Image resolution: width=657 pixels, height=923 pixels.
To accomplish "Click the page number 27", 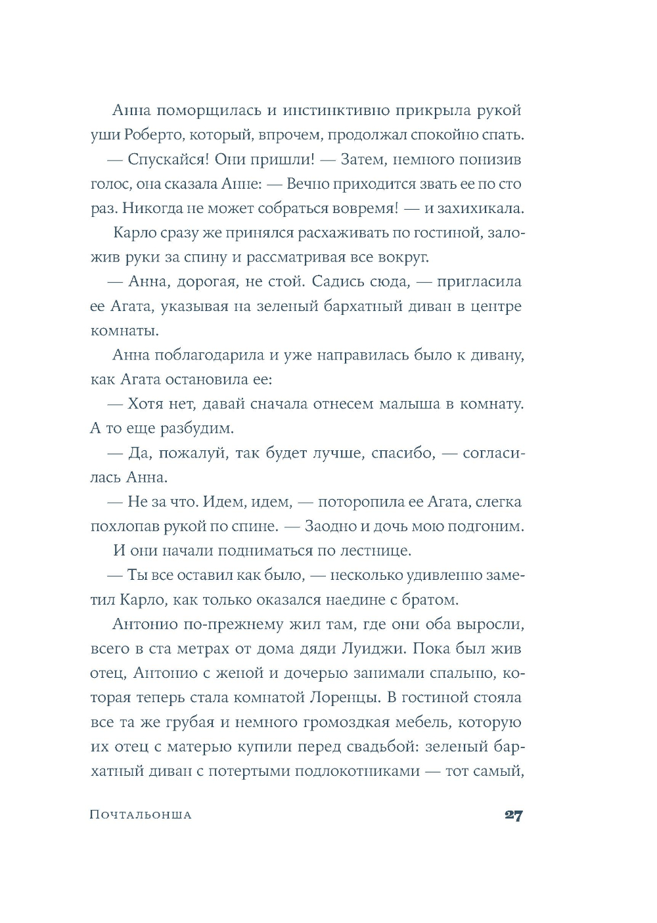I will point(513,815).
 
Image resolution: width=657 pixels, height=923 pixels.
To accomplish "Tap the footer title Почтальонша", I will point(141,815).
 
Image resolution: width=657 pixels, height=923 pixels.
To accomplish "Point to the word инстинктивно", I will point(336,110).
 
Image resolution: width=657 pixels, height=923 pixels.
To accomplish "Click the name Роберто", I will point(148,135).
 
